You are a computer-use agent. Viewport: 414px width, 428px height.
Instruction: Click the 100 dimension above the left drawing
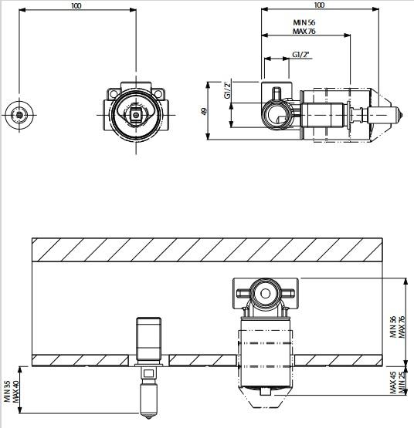[76, 5]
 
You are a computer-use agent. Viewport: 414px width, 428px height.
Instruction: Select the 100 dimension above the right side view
[319, 5]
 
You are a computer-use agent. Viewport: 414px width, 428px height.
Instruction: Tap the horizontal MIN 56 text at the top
[304, 22]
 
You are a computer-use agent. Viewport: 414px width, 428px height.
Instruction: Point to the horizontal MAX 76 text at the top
[304, 31]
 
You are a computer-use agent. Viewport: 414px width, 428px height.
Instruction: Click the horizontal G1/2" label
[300, 55]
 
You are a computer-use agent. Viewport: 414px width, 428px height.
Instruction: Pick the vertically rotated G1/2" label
[228, 90]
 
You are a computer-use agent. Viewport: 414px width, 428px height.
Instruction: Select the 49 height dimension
[204, 111]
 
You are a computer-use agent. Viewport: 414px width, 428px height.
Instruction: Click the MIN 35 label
[8, 392]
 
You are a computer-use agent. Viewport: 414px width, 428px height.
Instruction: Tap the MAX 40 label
[15, 392]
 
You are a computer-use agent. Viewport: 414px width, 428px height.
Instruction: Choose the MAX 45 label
[393, 383]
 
